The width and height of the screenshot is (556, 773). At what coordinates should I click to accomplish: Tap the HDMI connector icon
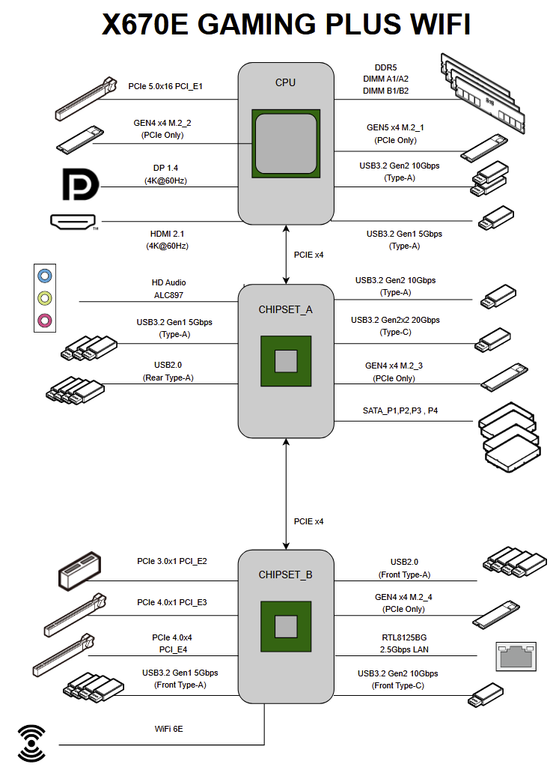click(73, 221)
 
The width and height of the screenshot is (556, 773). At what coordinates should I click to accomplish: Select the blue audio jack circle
click(46, 276)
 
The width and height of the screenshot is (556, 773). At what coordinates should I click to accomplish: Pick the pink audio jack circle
click(46, 321)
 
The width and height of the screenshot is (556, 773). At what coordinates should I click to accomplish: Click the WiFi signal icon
click(31, 743)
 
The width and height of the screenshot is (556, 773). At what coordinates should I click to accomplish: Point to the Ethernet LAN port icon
click(516, 655)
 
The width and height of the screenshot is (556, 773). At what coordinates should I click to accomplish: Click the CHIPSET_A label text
click(285, 309)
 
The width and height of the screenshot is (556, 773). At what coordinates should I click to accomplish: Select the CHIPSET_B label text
click(285, 575)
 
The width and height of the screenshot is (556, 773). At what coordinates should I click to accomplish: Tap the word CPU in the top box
click(285, 82)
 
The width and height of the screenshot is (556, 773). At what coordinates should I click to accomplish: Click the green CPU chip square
click(286, 144)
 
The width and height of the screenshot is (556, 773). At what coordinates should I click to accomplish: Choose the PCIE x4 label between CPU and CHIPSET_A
click(308, 255)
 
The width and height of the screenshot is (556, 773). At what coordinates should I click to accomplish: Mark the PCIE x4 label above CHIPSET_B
click(308, 521)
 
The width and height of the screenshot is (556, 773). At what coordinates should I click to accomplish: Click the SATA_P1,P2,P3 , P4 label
click(403, 411)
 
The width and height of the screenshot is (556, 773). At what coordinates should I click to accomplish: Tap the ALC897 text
click(169, 294)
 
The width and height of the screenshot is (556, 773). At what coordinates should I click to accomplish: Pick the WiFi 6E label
click(168, 727)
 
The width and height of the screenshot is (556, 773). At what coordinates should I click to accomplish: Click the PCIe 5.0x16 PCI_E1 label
click(165, 86)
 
